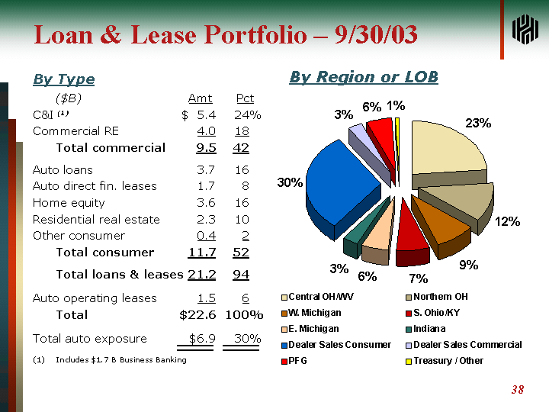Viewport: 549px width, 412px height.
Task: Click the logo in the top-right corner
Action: pyautogui.click(x=525, y=30)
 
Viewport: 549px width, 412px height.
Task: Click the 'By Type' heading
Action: pyautogui.click(x=63, y=79)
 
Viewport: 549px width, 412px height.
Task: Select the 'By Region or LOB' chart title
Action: pyautogui.click(x=363, y=77)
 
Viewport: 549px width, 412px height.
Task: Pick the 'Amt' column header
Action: pyautogui.click(x=200, y=98)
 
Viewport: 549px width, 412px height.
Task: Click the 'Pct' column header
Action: pyautogui.click(x=245, y=98)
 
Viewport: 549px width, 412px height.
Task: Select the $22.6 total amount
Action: pyautogui.click(x=197, y=314)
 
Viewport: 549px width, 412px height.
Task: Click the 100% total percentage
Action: pyautogui.click(x=244, y=314)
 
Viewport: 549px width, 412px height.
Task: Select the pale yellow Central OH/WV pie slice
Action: pyautogui.click(x=446, y=149)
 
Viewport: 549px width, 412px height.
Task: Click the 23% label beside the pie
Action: pyautogui.click(x=478, y=123)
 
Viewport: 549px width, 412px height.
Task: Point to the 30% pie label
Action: pyautogui.click(x=290, y=183)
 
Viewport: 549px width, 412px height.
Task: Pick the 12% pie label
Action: pyautogui.click(x=507, y=221)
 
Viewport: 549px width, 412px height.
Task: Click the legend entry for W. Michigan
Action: pyautogui.click(x=314, y=313)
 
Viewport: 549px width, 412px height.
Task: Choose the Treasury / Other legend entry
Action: pyautogui.click(x=448, y=361)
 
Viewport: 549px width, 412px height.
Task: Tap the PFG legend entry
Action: pyautogui.click(x=297, y=361)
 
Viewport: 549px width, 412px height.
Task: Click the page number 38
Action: pyautogui.click(x=517, y=390)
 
